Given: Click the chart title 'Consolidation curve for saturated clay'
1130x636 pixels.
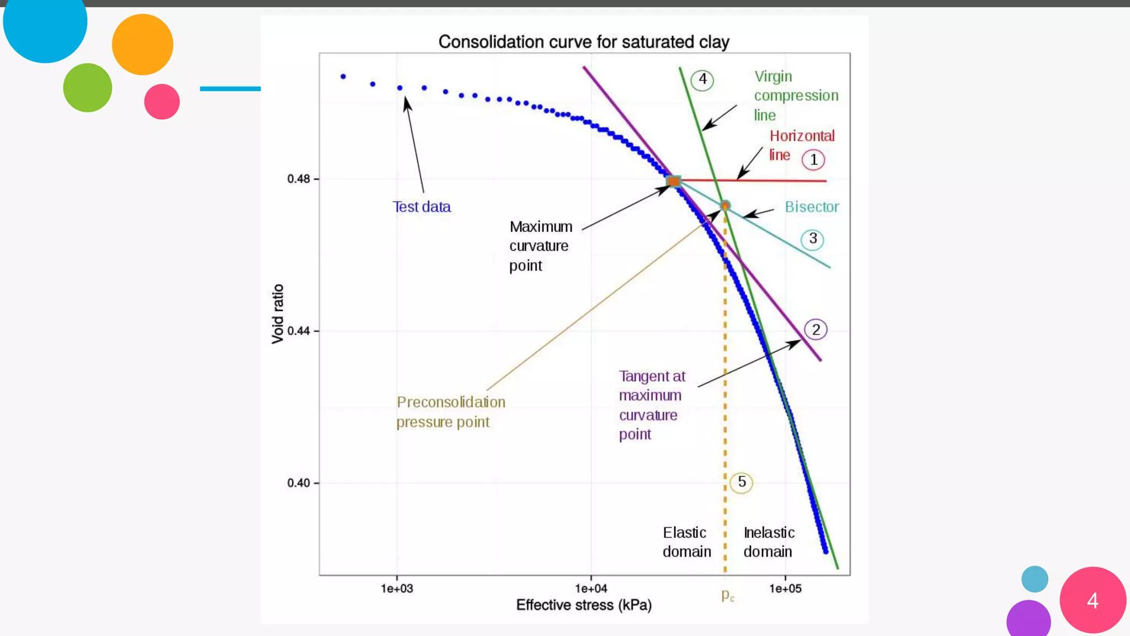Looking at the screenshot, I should click(584, 42).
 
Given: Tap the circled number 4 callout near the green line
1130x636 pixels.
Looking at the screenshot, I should click(702, 80).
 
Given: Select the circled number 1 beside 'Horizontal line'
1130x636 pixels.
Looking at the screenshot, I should click(813, 160).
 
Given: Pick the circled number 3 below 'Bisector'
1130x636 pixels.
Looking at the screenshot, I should click(813, 239).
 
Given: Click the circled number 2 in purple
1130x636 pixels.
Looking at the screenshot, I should click(815, 330).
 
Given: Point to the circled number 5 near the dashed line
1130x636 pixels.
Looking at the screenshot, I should click(742, 483).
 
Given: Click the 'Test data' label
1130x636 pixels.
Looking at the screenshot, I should click(422, 207).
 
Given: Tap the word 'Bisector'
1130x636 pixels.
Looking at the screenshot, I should click(812, 207).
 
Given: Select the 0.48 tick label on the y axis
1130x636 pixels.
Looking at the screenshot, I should click(299, 179).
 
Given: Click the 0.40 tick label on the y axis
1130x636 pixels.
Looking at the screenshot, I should click(299, 483).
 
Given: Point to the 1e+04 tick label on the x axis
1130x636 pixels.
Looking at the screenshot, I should click(591, 589).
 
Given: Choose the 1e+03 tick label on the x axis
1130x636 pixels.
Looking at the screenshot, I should click(397, 589).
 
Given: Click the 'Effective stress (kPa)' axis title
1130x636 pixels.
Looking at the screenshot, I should click(584, 605).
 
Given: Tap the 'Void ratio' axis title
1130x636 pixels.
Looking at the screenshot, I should click(278, 314).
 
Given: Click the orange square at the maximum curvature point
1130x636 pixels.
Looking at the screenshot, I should click(674, 181).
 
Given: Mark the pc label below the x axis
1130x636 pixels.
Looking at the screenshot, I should click(728, 595).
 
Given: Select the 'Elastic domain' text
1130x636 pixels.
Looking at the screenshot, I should click(686, 542).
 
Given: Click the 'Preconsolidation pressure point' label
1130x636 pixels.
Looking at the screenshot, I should click(450, 412).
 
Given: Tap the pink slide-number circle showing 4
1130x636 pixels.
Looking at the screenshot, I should click(1092, 600).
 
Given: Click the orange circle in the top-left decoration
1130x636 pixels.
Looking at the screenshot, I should click(142, 45).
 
